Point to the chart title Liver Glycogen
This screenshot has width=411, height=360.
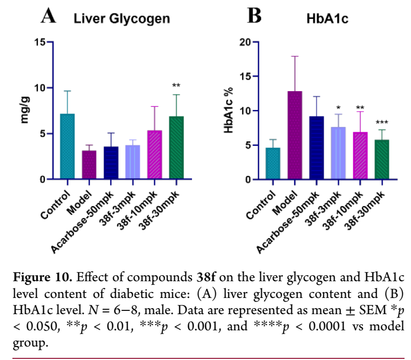click(x=122, y=19)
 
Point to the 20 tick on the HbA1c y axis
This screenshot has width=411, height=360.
click(x=245, y=42)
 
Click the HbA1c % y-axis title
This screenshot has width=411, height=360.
click(x=230, y=111)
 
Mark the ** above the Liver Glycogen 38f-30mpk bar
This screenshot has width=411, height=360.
click(x=176, y=86)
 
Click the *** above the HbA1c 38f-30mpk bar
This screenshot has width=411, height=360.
click(x=381, y=123)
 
